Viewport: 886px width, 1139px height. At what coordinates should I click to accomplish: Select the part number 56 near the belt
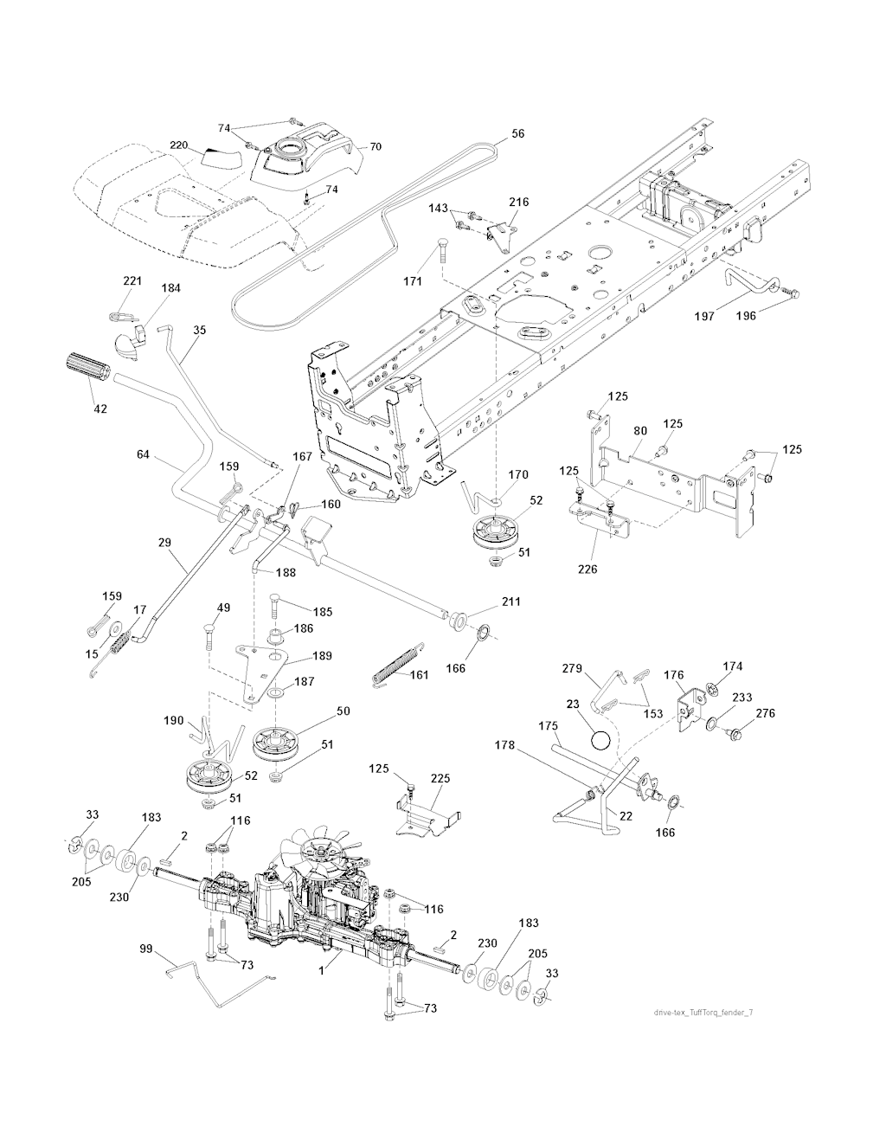click(517, 134)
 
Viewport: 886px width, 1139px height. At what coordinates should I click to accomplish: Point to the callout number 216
click(518, 202)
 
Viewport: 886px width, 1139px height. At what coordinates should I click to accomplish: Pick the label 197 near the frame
click(705, 317)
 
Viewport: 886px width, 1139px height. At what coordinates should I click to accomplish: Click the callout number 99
click(145, 950)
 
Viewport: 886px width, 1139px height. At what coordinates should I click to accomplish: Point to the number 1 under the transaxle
click(322, 970)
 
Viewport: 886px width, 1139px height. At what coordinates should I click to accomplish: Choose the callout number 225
click(441, 779)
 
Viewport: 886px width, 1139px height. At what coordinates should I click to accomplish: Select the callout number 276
click(766, 714)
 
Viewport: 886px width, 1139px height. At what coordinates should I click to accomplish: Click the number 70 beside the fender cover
click(375, 147)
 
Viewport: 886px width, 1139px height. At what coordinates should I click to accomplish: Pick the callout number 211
click(510, 602)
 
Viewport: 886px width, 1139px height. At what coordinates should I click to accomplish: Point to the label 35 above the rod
click(200, 330)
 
